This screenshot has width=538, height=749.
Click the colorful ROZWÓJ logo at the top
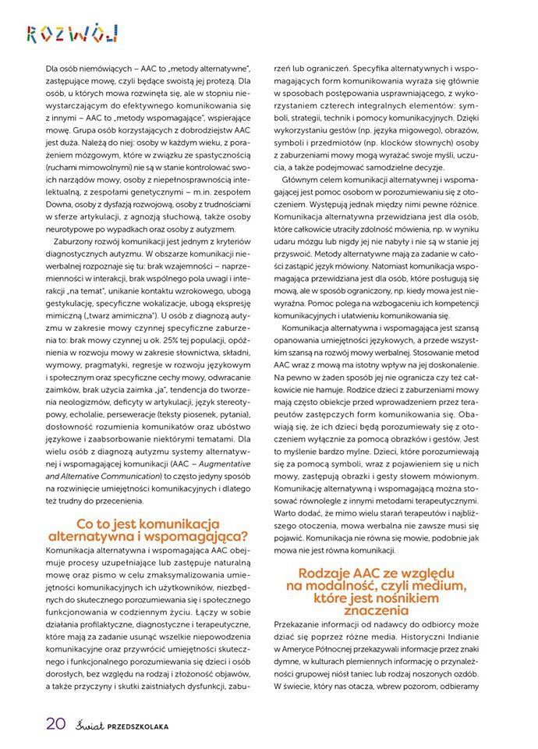coord(72,33)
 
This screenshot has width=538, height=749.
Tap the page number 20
coord(55,722)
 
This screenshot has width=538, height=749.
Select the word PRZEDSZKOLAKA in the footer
coord(137,725)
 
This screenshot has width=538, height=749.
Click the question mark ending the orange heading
coord(245,536)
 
